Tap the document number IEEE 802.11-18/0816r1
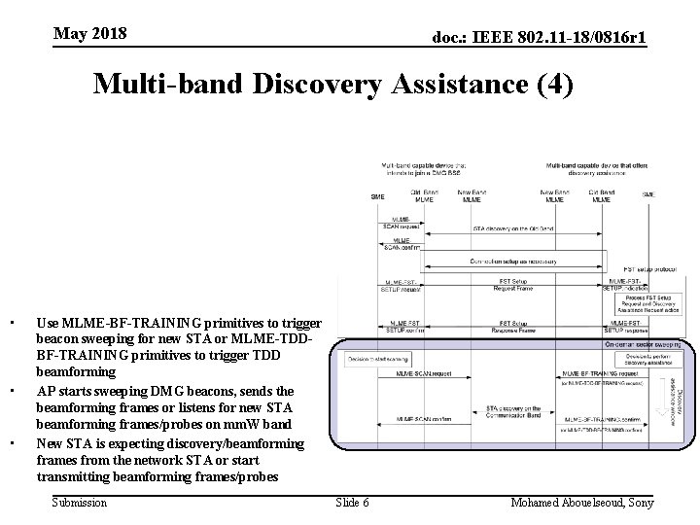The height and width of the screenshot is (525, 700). coord(540,37)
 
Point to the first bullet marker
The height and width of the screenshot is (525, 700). coord(9,322)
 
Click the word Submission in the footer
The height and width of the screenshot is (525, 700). coord(79,502)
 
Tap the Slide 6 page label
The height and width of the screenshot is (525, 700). coord(352,502)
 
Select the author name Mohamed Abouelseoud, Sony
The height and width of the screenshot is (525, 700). coord(582,502)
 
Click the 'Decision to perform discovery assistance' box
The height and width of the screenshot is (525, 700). coord(640,359)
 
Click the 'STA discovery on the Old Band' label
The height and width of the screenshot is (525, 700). coord(512,229)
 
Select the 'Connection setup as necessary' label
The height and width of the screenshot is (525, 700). coord(512,261)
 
